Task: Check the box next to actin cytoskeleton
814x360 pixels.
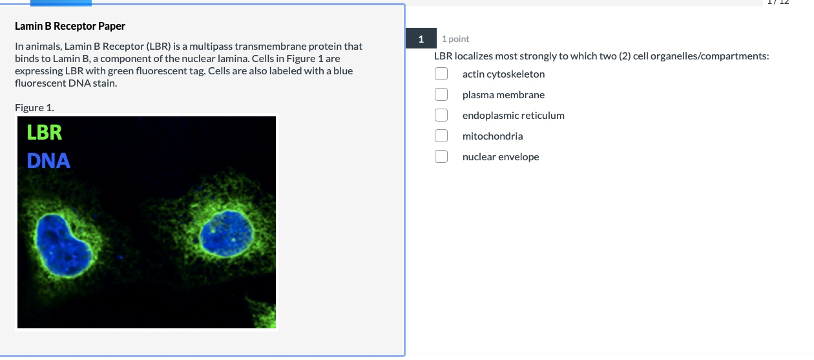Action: tap(441, 74)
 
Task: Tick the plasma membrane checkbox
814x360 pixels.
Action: tap(441, 95)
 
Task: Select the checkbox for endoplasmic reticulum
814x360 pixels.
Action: tap(441, 116)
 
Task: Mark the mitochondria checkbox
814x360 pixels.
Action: tap(441, 136)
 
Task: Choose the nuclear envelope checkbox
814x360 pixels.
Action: tap(441, 157)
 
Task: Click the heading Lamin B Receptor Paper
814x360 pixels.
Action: tap(70, 26)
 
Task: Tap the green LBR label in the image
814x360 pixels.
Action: tap(45, 132)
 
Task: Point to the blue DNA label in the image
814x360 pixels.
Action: tap(48, 160)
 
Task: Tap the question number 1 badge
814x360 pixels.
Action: tap(421, 39)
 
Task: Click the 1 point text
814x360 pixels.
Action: tap(455, 39)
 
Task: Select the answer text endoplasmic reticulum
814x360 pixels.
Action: tap(513, 116)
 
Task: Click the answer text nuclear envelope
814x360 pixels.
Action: tap(501, 157)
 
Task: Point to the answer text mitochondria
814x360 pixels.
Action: tap(492, 136)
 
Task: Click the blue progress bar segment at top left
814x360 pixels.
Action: tap(61, 3)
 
